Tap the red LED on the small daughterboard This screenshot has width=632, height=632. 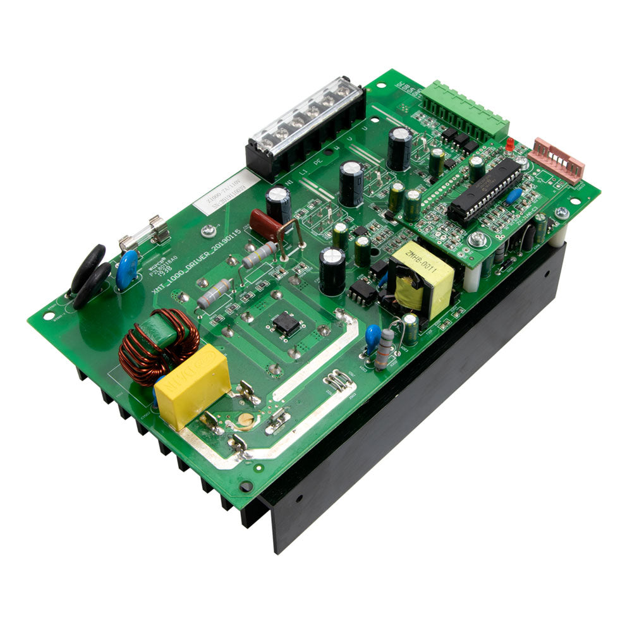click(509, 145)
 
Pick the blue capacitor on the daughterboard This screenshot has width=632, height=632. click(514, 196)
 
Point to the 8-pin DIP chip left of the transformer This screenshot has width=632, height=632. click(363, 293)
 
